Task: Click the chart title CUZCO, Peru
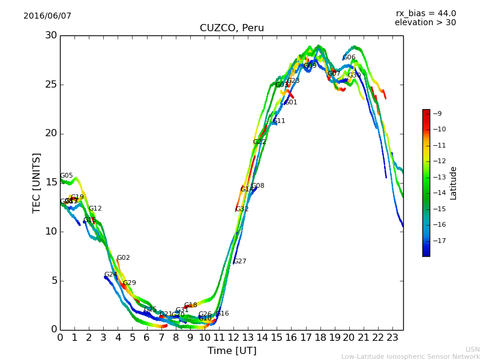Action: coord(232,28)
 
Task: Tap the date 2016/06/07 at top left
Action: coord(47,16)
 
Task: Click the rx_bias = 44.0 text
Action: coord(425,13)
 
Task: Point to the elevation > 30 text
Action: coord(425,23)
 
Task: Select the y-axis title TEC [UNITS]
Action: coord(37,182)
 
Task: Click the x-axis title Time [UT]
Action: coord(232,351)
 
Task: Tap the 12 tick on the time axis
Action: coord(233,338)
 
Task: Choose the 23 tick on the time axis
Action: coord(392,338)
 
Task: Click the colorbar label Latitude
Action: coord(454,183)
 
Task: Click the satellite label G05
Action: coord(67,176)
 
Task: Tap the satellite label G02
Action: coord(123,258)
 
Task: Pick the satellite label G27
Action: coord(240,262)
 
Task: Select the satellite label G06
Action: coord(349,58)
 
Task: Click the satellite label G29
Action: coord(130,283)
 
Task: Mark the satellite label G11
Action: coord(279,121)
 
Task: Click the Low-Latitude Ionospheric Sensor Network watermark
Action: coord(410,357)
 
